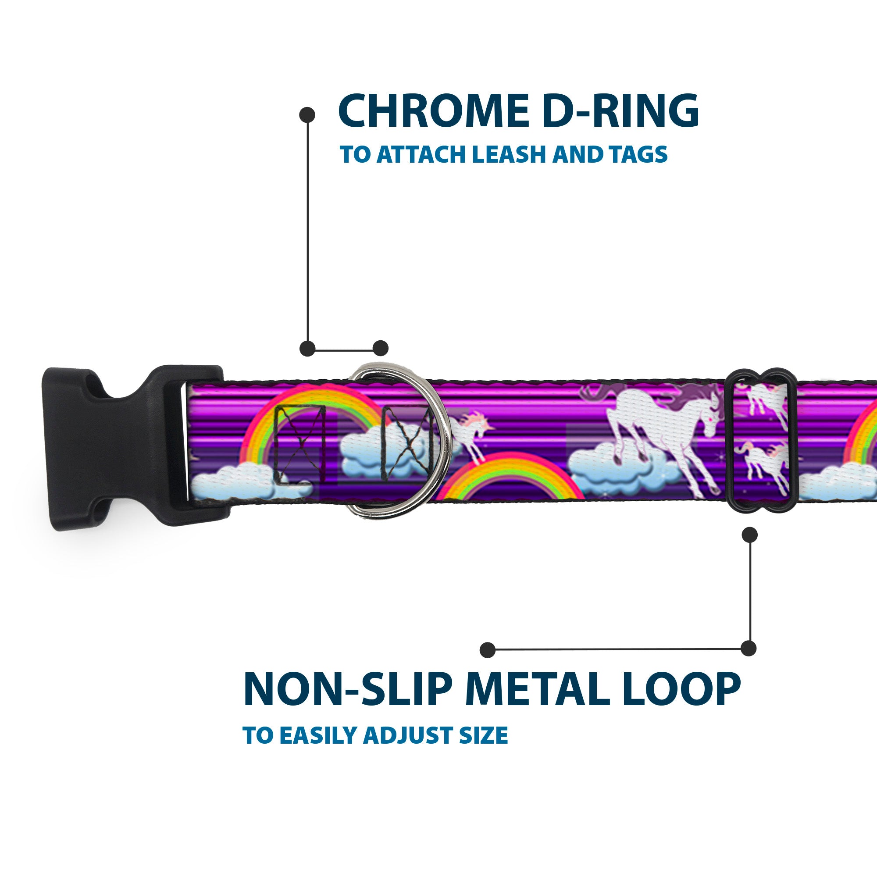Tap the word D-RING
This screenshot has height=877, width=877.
[x=620, y=111]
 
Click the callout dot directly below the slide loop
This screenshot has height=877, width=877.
[x=749, y=535]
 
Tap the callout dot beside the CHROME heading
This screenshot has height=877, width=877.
[x=307, y=115]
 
